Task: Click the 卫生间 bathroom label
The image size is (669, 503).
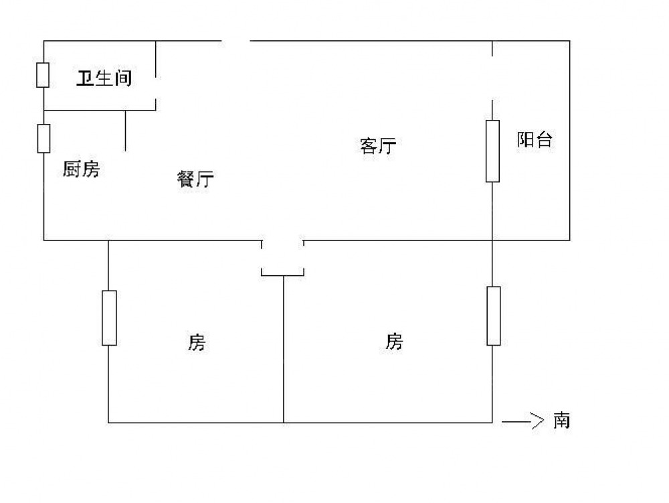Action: click(103, 79)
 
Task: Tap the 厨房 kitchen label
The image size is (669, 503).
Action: click(80, 170)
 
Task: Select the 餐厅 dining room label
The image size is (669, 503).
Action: click(195, 179)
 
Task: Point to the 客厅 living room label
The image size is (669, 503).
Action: click(378, 146)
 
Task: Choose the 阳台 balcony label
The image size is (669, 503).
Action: click(535, 140)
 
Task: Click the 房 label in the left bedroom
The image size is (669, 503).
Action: click(196, 343)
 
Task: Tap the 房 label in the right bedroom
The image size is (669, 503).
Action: click(394, 342)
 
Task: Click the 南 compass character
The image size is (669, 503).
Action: click(561, 421)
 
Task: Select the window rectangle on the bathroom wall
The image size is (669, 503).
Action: click(43, 75)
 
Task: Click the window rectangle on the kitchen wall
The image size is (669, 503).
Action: click(44, 138)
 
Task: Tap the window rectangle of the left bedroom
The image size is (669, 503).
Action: click(109, 317)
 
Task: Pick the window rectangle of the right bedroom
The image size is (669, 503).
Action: click(493, 315)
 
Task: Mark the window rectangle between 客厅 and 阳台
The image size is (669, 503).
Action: click(492, 151)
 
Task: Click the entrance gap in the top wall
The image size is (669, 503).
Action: click(235, 42)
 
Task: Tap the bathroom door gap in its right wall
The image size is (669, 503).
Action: click(156, 88)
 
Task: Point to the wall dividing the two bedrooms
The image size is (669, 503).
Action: click(284, 348)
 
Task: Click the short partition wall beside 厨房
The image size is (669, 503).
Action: click(125, 129)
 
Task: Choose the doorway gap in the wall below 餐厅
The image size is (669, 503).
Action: click(282, 240)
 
